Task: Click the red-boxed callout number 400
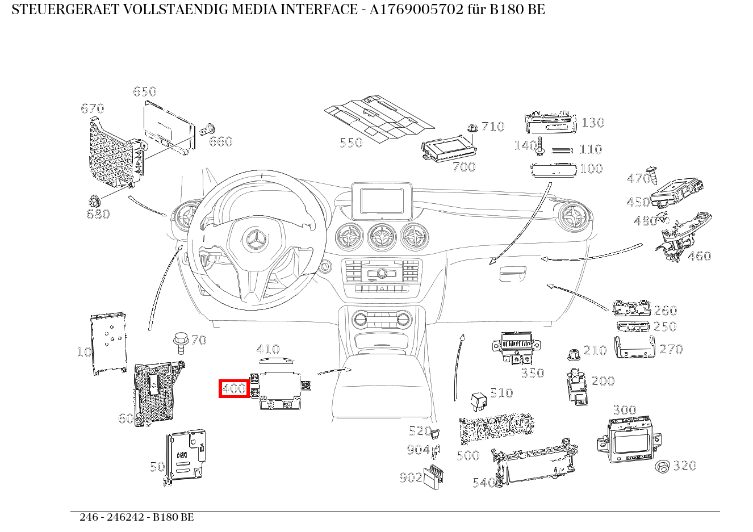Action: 234,389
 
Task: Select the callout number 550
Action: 351,143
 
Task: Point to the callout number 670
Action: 93,108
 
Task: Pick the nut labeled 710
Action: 471,129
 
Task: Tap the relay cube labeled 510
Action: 478,401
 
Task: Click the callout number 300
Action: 624,410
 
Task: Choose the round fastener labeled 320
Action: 662,467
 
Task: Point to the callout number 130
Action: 593,123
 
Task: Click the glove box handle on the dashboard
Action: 512,274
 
